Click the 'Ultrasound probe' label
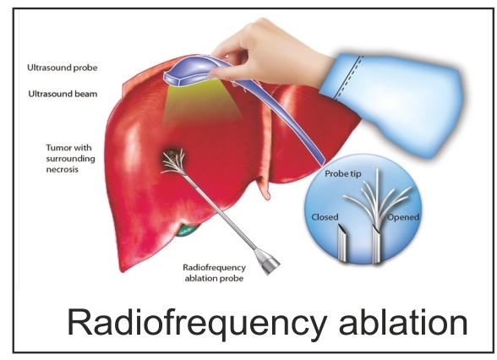click(x=63, y=68)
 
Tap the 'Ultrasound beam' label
click(x=63, y=94)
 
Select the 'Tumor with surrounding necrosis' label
click(x=70, y=159)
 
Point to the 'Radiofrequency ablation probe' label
click(x=215, y=273)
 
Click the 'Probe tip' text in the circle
click(x=343, y=174)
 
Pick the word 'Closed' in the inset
click(x=325, y=217)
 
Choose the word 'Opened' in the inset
click(x=403, y=217)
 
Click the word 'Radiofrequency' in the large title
click(x=197, y=323)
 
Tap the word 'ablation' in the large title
click(x=403, y=322)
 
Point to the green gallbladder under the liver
click(x=186, y=231)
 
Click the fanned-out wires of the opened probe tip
click(x=377, y=199)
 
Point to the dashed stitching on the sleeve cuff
click(x=347, y=78)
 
